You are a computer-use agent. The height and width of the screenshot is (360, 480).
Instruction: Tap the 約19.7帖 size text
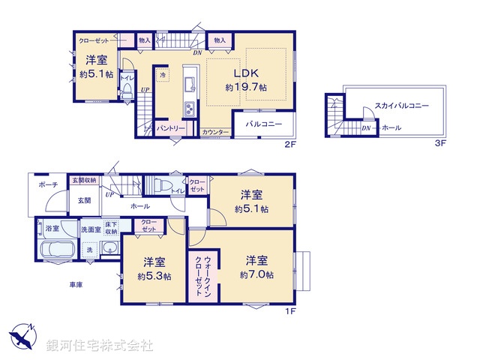[246, 88]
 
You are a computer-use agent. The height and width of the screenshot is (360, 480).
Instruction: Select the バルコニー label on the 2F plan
[263, 123]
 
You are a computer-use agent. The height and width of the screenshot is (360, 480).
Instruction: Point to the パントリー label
[170, 128]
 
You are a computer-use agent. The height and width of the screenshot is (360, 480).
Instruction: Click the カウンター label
[215, 132]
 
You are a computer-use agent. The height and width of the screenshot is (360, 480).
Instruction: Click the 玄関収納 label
[84, 181]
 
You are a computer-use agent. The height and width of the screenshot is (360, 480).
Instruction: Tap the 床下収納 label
[112, 228]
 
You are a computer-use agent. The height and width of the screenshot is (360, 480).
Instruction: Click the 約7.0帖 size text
[256, 275]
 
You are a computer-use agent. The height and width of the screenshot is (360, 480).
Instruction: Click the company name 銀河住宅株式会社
[99, 346]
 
